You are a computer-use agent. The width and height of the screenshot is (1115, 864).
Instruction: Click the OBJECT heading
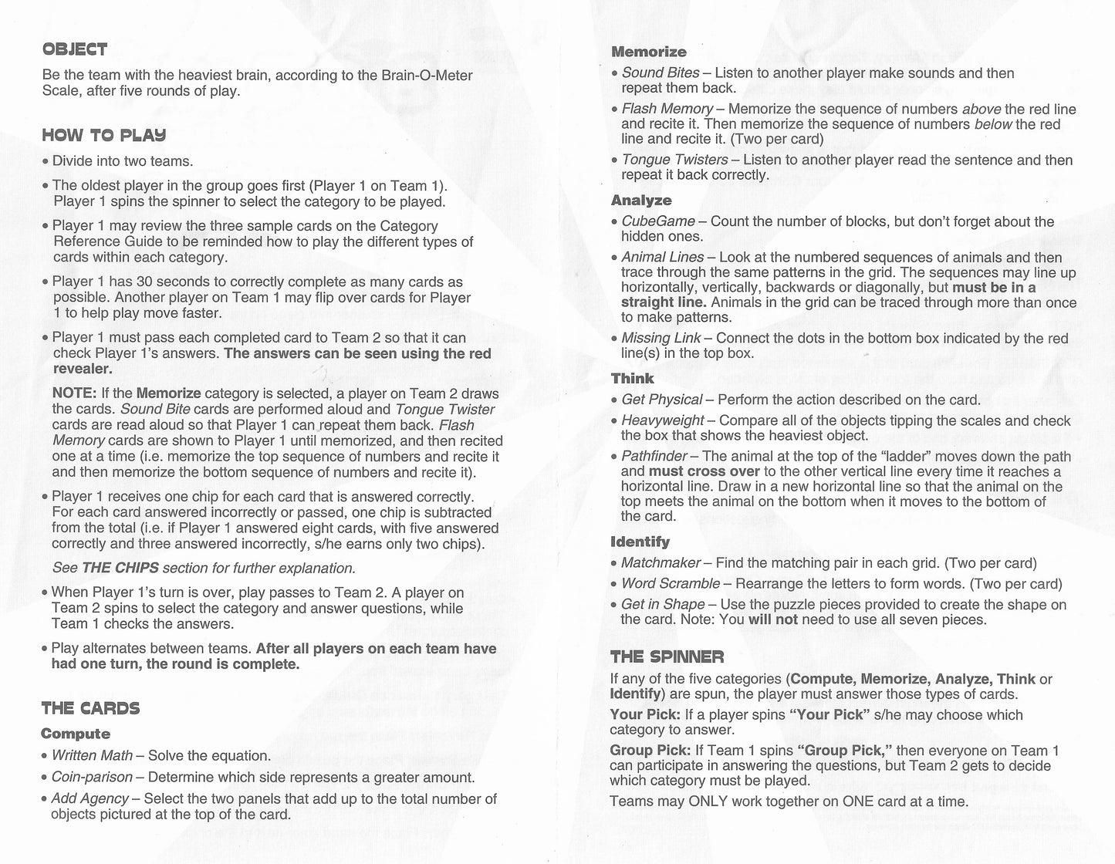tap(74, 50)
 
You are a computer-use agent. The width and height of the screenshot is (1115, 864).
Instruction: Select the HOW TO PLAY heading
tap(103, 136)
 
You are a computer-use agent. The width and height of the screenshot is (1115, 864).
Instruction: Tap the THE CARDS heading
tap(90, 709)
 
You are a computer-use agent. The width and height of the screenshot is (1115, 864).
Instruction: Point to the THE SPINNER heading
tap(667, 657)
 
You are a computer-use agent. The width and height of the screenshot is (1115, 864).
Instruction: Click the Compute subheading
tap(76, 734)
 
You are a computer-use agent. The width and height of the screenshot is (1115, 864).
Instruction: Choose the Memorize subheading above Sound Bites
tap(648, 52)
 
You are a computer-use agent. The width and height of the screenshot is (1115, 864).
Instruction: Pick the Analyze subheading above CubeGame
tap(641, 201)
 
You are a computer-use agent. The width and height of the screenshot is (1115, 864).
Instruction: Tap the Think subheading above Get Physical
tap(632, 379)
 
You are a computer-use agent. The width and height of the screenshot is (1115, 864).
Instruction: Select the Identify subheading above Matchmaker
tap(640, 542)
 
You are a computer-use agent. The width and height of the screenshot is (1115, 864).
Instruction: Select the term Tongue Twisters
tap(674, 160)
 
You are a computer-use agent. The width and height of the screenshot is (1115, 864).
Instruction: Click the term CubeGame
tap(658, 222)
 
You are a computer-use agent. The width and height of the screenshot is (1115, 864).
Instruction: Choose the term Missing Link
tap(661, 338)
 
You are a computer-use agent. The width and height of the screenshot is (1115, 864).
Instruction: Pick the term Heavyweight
tap(662, 420)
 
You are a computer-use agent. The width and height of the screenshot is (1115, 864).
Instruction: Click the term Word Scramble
tap(670, 584)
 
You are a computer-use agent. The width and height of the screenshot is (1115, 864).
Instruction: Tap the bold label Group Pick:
tap(650, 751)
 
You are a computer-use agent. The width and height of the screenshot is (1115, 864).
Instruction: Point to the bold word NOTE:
tap(74, 393)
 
